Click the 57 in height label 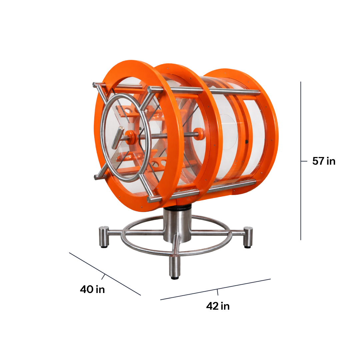click(x=324, y=161)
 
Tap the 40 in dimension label click(x=92, y=289)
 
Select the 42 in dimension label click(x=218, y=306)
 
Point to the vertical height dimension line click(x=301, y=161)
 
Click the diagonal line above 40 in click(x=105, y=274)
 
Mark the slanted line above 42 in click(x=215, y=289)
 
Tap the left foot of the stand click(x=104, y=236)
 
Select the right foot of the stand click(x=248, y=237)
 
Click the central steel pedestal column click(x=177, y=225)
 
